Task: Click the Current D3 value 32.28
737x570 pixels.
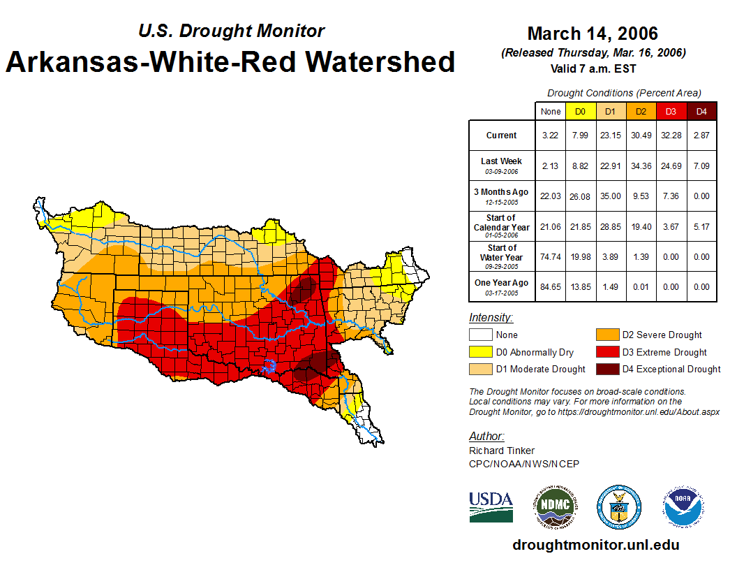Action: pyautogui.click(x=671, y=136)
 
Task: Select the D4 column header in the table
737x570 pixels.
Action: pyautogui.click(x=701, y=112)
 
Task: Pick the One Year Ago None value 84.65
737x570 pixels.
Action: pyautogui.click(x=551, y=286)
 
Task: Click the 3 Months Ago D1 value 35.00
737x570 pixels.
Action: pyautogui.click(x=611, y=196)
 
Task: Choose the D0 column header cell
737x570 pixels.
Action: pyautogui.click(x=581, y=112)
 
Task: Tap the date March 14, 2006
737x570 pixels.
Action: pyautogui.click(x=593, y=34)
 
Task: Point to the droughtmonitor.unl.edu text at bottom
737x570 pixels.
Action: pyautogui.click(x=595, y=545)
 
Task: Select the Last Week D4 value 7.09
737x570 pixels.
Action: pyautogui.click(x=701, y=166)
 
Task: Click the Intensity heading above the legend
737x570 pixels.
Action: pyautogui.click(x=491, y=318)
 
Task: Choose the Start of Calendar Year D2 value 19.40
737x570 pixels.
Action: pyautogui.click(x=641, y=226)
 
